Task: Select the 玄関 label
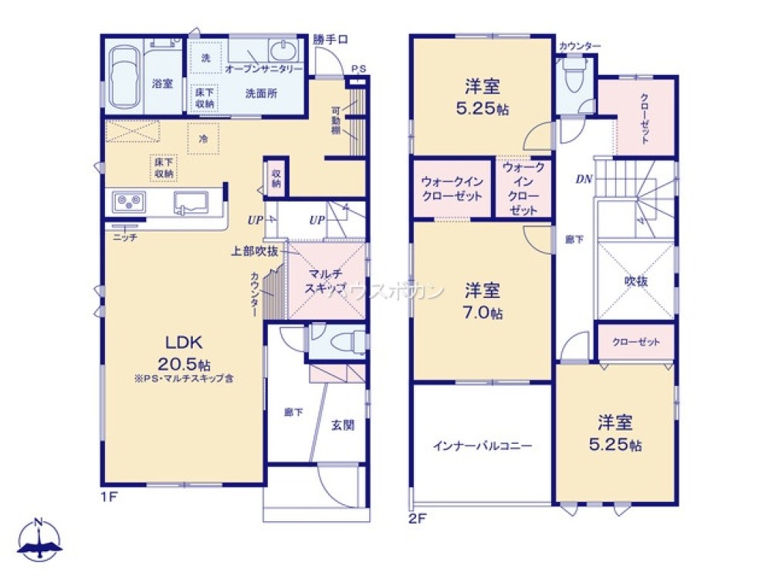[x=343, y=425]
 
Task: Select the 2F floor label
[x=417, y=518]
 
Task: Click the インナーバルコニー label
[x=482, y=445]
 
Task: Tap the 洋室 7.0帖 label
[x=482, y=302]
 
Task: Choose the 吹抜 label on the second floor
[x=635, y=281]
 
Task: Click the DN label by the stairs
[x=584, y=180]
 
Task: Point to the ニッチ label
[x=124, y=238]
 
